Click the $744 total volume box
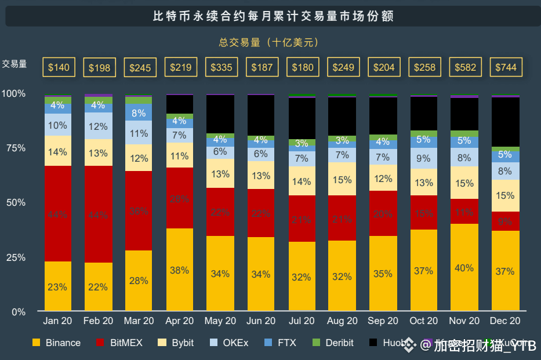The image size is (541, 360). pyautogui.click(x=505, y=67)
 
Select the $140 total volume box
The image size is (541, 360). pyautogui.click(x=59, y=67)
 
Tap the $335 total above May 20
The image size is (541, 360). pyautogui.click(x=221, y=67)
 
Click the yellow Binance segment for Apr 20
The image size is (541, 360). pyautogui.click(x=180, y=270)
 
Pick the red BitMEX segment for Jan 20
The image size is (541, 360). pyautogui.click(x=58, y=213)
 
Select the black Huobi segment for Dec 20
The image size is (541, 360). pyautogui.click(x=505, y=122)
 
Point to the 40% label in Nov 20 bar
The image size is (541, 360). pyautogui.click(x=464, y=268)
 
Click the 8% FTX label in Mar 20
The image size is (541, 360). pyautogui.click(x=139, y=113)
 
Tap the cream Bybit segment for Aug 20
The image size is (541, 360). pyautogui.click(x=342, y=179)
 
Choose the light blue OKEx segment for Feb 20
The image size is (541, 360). pyautogui.click(x=99, y=126)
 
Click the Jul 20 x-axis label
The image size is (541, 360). pyautogui.click(x=302, y=321)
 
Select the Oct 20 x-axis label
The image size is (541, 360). pyautogui.click(x=423, y=321)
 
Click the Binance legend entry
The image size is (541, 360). pyautogui.click(x=57, y=343)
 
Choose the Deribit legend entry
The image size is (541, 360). pyautogui.click(x=333, y=343)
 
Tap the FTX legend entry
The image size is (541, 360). pyautogui.click(x=280, y=343)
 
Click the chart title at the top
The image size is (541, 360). pyautogui.click(x=273, y=16)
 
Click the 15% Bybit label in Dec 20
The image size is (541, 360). pyautogui.click(x=504, y=195)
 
